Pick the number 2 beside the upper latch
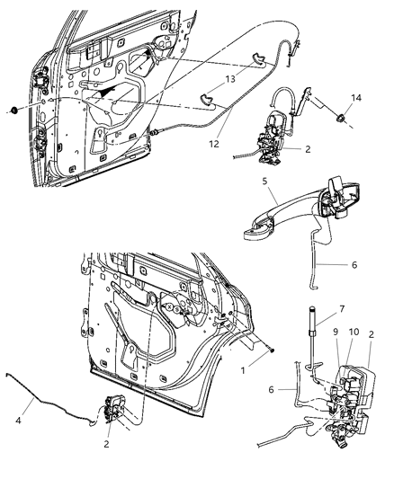tap(309, 150)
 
